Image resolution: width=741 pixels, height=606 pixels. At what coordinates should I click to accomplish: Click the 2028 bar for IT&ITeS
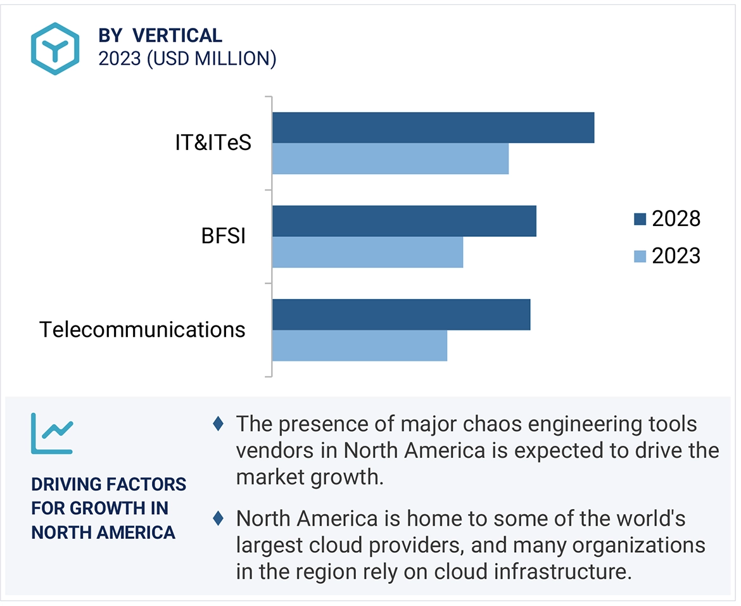433,128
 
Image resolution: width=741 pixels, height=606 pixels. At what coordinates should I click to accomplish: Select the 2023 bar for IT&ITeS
390,158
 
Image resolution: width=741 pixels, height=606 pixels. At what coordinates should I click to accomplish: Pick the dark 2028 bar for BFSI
404,221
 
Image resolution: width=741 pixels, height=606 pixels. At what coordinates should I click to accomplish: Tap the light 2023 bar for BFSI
367,252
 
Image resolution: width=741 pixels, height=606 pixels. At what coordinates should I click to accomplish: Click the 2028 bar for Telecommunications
401,315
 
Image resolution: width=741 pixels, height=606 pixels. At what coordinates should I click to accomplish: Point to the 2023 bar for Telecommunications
360,345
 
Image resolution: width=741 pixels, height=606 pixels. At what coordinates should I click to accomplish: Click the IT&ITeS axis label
213,143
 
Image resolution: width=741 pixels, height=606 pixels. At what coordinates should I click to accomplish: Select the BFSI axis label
223,237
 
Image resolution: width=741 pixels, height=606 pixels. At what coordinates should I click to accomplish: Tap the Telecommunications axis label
142,330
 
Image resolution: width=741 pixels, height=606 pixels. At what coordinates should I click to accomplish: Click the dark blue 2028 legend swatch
640,219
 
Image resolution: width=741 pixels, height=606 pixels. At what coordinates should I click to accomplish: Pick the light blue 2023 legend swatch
640,256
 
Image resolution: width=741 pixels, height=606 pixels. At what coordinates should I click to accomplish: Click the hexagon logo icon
55,49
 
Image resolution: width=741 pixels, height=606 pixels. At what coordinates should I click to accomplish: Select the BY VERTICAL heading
160,35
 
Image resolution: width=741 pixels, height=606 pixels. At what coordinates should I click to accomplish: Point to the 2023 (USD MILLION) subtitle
187,59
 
